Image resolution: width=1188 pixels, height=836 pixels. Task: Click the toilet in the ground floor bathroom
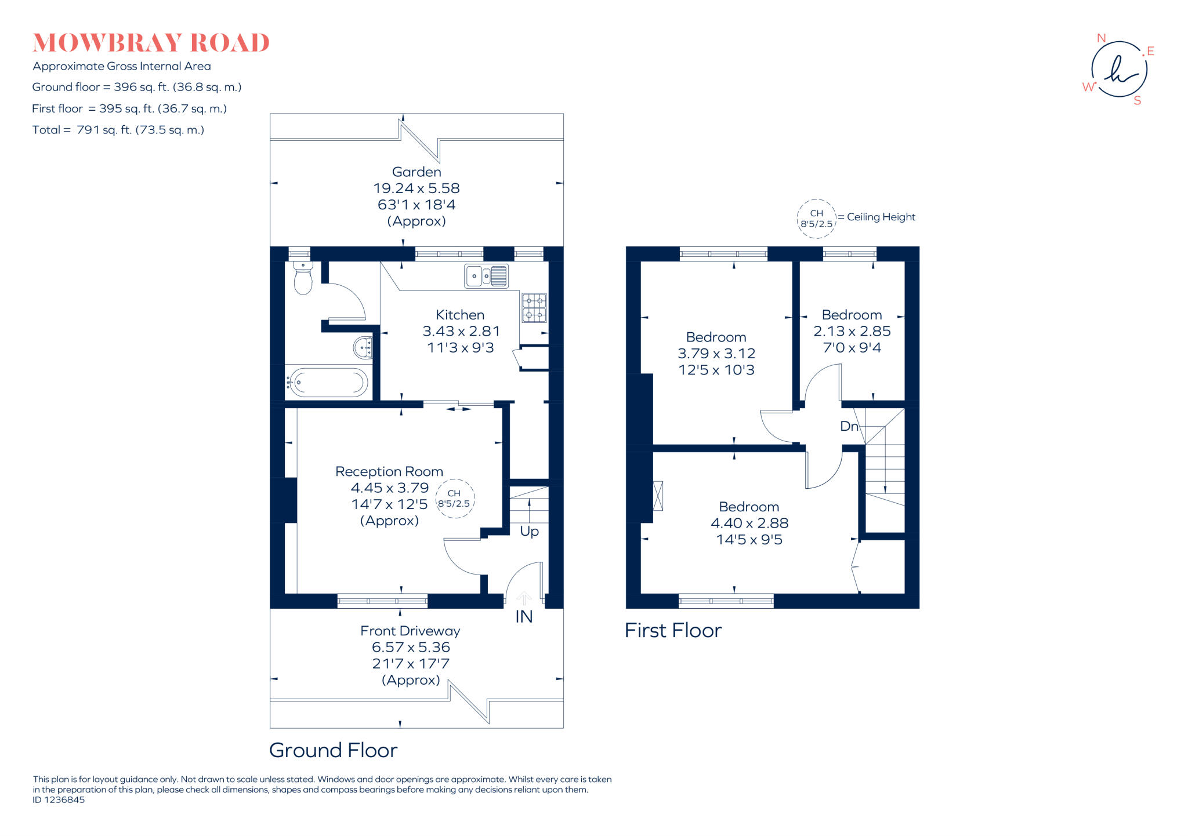tap(303, 279)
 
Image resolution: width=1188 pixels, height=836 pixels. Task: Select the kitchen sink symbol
tap(486, 276)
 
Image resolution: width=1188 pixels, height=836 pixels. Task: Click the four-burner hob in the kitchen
tap(534, 308)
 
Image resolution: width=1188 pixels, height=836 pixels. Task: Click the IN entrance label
tap(524, 617)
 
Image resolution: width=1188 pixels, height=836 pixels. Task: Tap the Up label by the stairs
tap(529, 531)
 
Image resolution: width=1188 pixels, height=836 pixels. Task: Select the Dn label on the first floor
tap(849, 426)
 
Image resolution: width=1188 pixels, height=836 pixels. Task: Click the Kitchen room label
tap(460, 315)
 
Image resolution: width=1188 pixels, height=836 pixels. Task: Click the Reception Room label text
tap(389, 471)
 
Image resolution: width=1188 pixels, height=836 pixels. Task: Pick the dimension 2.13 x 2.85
tap(852, 331)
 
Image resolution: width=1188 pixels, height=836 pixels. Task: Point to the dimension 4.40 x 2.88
tap(749, 523)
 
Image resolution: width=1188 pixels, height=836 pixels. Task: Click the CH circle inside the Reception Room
tap(455, 499)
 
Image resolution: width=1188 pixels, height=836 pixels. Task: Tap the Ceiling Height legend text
tap(881, 217)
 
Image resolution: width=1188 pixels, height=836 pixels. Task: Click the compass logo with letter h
tap(1119, 70)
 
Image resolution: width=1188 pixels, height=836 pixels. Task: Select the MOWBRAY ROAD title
tap(151, 43)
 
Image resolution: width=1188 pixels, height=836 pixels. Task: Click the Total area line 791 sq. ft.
tap(118, 130)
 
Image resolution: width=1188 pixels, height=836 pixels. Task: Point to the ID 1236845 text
tap(59, 800)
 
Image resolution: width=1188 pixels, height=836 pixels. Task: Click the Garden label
tap(416, 172)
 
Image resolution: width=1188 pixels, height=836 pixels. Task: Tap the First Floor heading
tap(673, 630)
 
